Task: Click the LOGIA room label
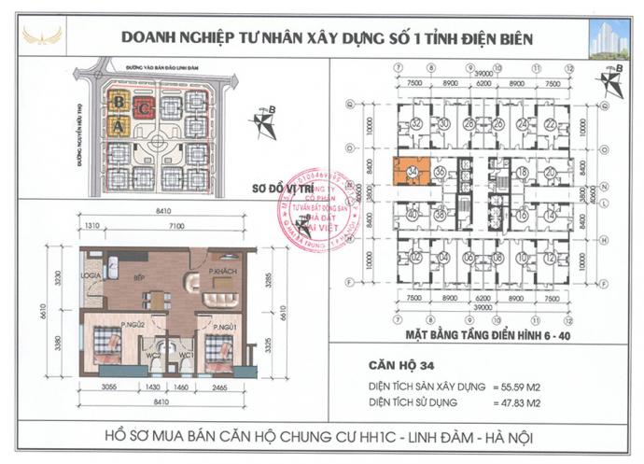90,276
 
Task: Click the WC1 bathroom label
185,355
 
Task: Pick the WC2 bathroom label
159,355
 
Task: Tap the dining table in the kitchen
160,301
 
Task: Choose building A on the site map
119,125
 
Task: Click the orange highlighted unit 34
413,173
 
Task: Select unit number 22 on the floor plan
550,124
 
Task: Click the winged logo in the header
45,37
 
